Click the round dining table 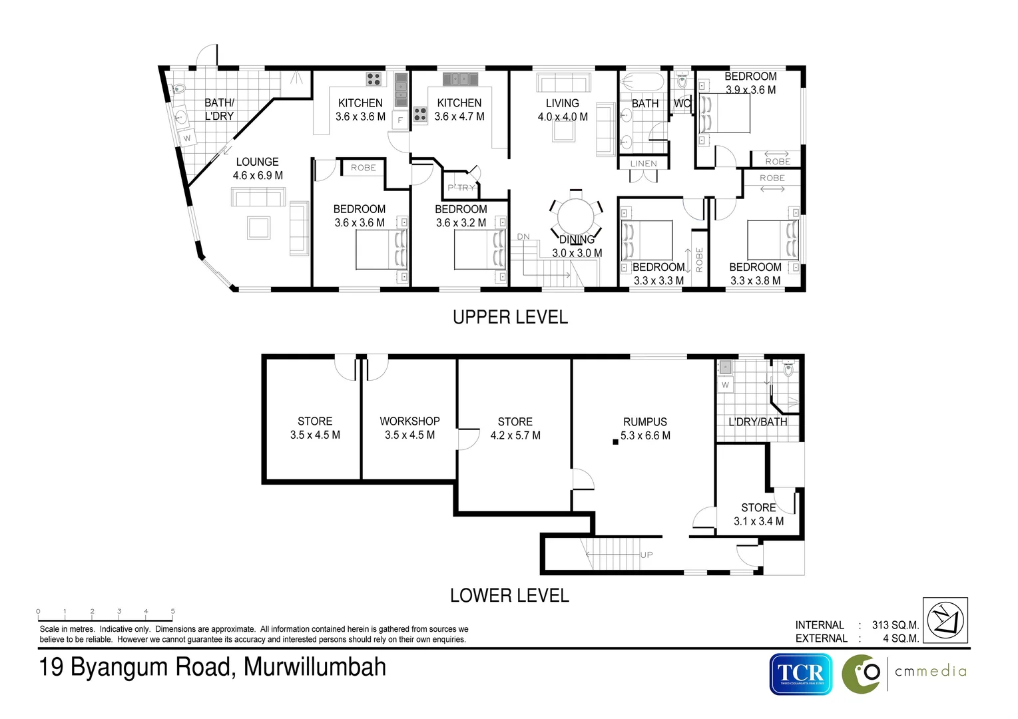tap(575, 217)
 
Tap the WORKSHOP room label tap(409, 421)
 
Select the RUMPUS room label tap(644, 422)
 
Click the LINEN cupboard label tap(643, 164)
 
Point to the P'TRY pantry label tap(461, 188)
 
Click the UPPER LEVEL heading tap(510, 318)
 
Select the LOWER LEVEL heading tap(509, 595)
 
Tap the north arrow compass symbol tap(945, 620)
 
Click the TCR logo tap(801, 674)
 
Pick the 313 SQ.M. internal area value tap(895, 625)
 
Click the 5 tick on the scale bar tap(173, 611)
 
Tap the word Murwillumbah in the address tap(315, 667)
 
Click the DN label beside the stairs tap(523, 237)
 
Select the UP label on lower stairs tap(646, 555)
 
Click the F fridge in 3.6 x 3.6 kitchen tap(400, 120)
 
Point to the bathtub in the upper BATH tap(642, 83)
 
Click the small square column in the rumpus tap(616, 441)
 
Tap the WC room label tap(682, 104)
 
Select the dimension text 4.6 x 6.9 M tap(258, 176)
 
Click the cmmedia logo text tap(930, 671)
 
